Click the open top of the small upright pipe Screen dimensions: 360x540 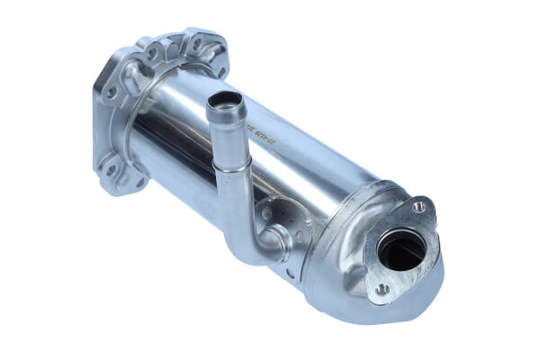click(225, 101)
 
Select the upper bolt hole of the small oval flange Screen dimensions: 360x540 click(419, 207)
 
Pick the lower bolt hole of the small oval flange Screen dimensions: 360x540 click(382, 289)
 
